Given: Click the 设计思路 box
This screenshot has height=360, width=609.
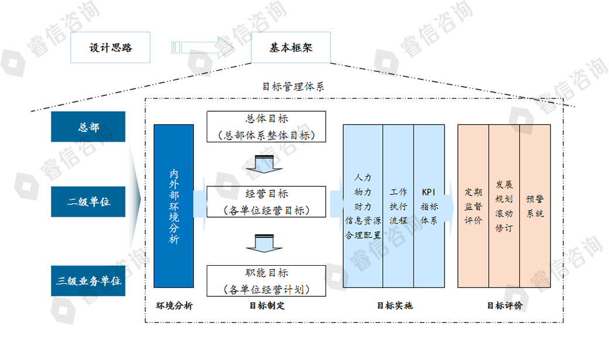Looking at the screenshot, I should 111,47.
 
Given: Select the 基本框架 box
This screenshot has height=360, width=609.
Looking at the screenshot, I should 291,47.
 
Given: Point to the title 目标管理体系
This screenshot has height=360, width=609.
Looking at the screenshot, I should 293,87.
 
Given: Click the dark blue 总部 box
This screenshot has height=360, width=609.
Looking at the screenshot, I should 88,126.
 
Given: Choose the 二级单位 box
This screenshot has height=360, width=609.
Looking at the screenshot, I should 88,202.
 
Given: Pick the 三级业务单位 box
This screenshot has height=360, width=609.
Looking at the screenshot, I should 88,280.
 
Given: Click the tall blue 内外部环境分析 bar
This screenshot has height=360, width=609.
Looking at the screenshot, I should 174,206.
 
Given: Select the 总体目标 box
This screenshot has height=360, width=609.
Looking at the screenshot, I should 266,126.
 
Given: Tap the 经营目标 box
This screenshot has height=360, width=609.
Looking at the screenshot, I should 266,201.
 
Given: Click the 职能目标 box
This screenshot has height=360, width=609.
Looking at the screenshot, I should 266,280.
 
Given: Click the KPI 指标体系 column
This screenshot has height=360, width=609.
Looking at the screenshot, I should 429,206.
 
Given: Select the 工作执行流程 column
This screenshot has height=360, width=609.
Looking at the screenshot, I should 398,206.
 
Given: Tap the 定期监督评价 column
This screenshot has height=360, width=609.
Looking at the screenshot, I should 473,206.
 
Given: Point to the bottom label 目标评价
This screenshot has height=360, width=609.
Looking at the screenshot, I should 505,306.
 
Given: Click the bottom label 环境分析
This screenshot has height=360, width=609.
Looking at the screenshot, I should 174,306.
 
